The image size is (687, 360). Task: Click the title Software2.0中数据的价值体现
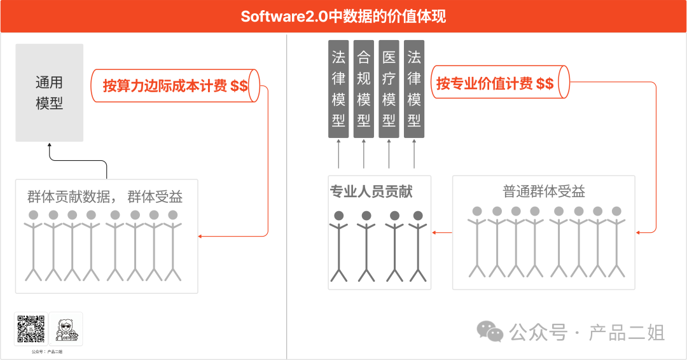(x=343, y=16)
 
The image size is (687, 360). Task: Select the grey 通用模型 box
(x=50, y=93)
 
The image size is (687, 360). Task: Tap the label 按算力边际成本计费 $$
(x=175, y=85)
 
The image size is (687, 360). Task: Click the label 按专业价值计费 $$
(x=494, y=83)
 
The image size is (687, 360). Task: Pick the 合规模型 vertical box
(x=363, y=89)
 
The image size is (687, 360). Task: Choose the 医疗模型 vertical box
(x=389, y=89)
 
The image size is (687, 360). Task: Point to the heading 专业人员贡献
(x=371, y=191)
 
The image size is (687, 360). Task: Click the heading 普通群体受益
(x=543, y=191)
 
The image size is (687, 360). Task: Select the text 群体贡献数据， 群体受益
(x=105, y=197)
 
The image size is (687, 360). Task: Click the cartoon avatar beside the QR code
(x=66, y=329)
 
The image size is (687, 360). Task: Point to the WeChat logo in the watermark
(x=490, y=331)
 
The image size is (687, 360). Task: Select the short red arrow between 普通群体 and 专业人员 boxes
(x=442, y=232)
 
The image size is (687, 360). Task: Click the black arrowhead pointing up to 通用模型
(x=50, y=146)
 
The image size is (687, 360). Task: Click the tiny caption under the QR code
(x=47, y=352)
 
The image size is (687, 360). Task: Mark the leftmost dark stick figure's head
(x=339, y=216)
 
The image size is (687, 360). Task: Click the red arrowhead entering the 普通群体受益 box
(x=638, y=232)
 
